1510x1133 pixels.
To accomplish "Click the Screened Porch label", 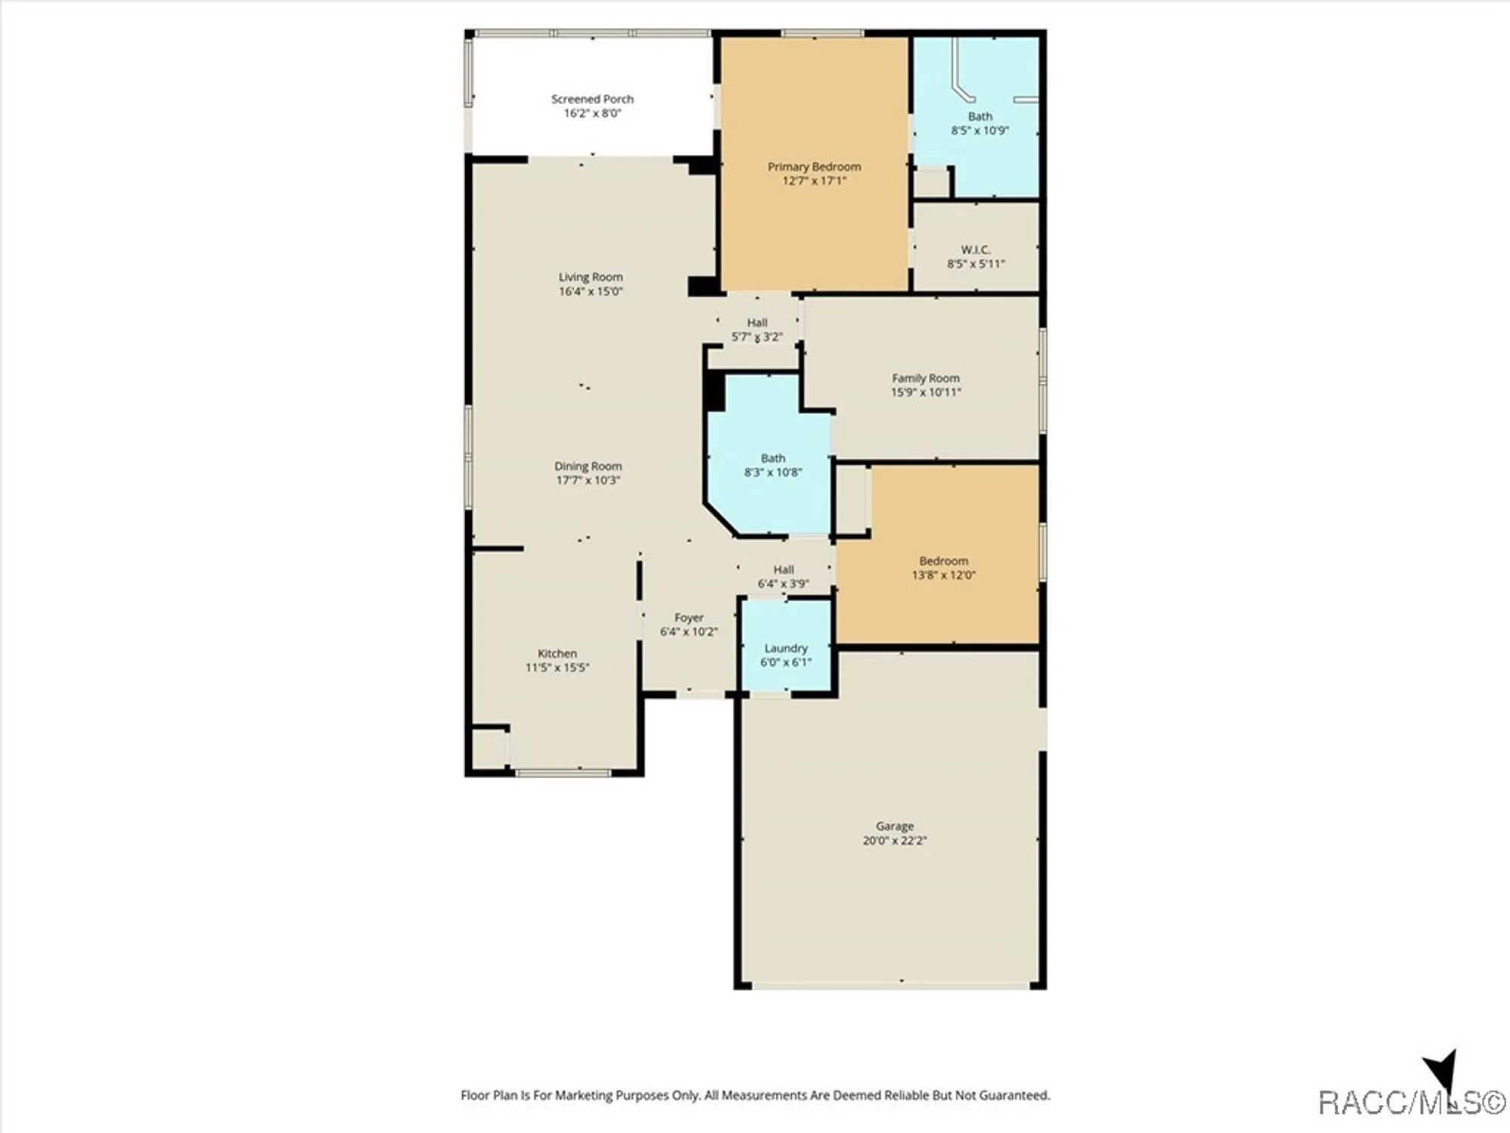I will click(x=592, y=99).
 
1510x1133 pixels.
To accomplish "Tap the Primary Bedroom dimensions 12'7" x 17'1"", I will click(x=814, y=181).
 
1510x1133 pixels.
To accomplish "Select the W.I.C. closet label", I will click(x=975, y=249).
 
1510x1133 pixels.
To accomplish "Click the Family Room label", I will click(x=926, y=378).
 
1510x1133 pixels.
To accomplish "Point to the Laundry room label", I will click(x=786, y=648).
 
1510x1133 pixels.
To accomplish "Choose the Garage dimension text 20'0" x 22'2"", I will click(x=895, y=840).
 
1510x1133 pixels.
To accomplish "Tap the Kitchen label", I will click(x=557, y=653).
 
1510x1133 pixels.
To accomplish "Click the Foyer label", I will click(x=689, y=618).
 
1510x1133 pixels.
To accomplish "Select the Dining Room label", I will click(x=588, y=466).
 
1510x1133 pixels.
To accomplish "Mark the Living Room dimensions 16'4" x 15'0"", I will click(x=590, y=292).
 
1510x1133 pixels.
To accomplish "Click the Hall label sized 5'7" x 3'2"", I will click(x=757, y=323).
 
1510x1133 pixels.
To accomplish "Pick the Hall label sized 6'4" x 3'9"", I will click(x=784, y=570).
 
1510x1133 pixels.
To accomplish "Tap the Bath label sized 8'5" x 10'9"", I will click(x=980, y=116).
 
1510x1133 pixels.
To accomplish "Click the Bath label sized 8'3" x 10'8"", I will click(x=773, y=458).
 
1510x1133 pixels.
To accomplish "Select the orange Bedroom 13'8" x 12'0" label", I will click(x=944, y=560).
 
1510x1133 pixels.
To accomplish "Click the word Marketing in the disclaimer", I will click(x=584, y=1095).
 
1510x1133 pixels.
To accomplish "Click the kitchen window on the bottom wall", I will click(x=562, y=772).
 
